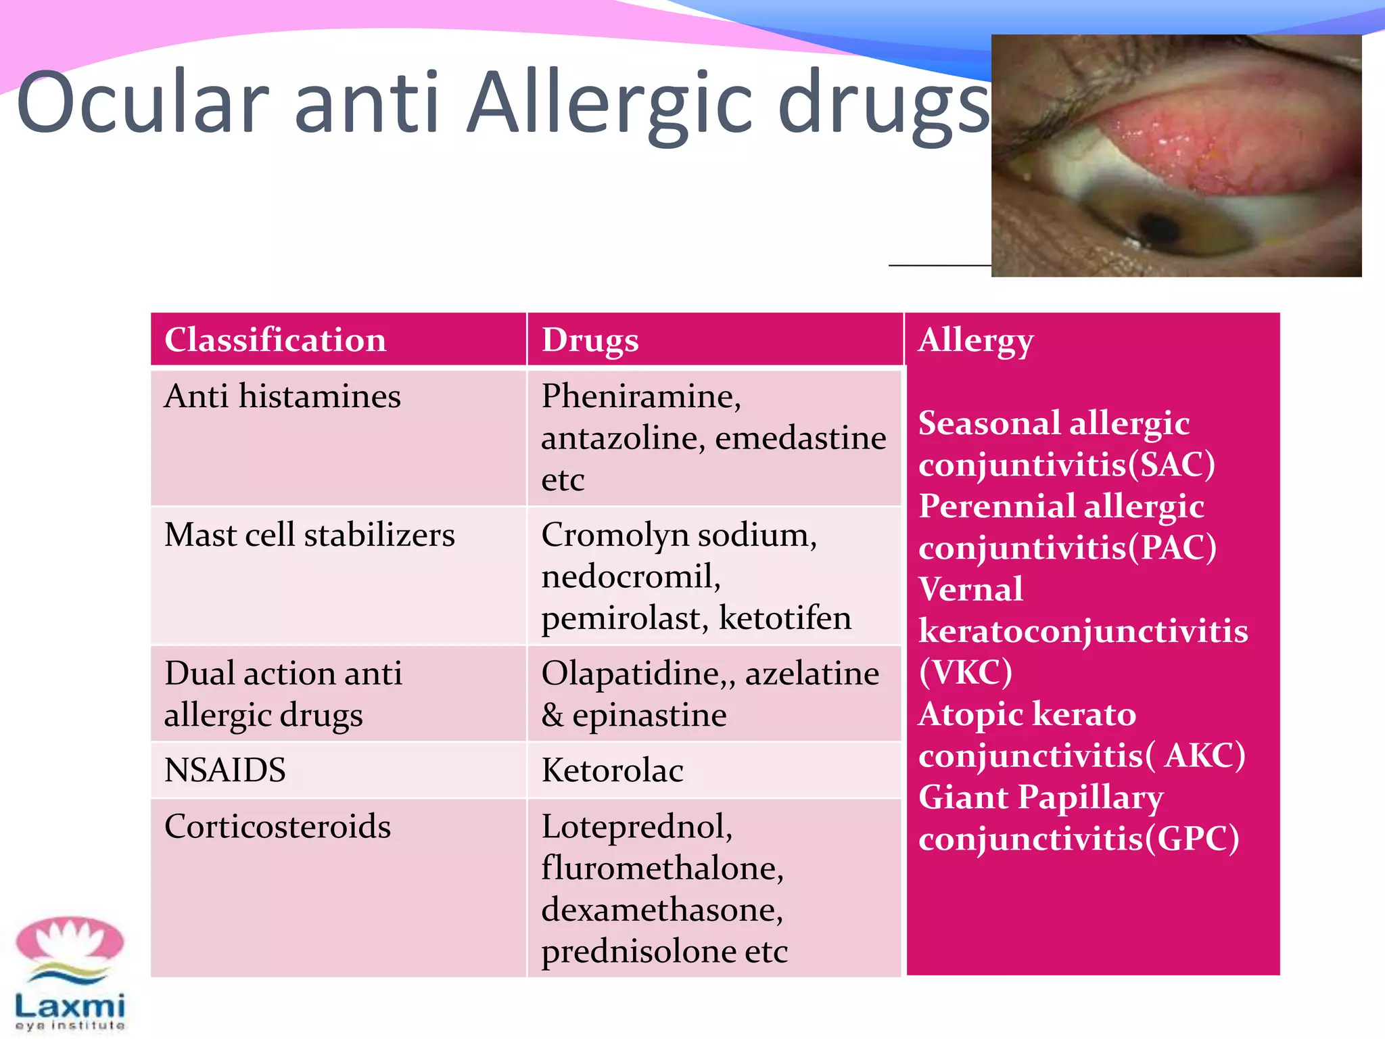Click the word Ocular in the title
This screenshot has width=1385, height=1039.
pyautogui.click(x=143, y=103)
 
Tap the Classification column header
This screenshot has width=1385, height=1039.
pyautogui.click(x=275, y=340)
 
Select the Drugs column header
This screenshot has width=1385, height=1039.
pyautogui.click(x=590, y=340)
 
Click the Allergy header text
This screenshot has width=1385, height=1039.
pyautogui.click(x=975, y=340)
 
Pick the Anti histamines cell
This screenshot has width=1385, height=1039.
pyautogui.click(x=282, y=396)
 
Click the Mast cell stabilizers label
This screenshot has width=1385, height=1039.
pyautogui.click(x=309, y=535)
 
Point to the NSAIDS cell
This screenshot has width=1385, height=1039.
pyautogui.click(x=225, y=770)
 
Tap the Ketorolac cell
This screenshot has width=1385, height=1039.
pyautogui.click(x=612, y=770)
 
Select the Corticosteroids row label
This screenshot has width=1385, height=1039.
pyautogui.click(x=277, y=827)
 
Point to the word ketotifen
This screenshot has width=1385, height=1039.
pyautogui.click(x=784, y=618)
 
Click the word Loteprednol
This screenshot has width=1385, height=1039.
pyautogui.click(x=636, y=827)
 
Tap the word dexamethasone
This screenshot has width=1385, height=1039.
pyautogui.click(x=661, y=910)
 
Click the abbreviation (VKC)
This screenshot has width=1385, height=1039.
pyautogui.click(x=965, y=672)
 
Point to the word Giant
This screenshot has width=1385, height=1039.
pyautogui.click(x=964, y=797)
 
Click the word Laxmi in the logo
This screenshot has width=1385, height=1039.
pyautogui.click(x=70, y=1006)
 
